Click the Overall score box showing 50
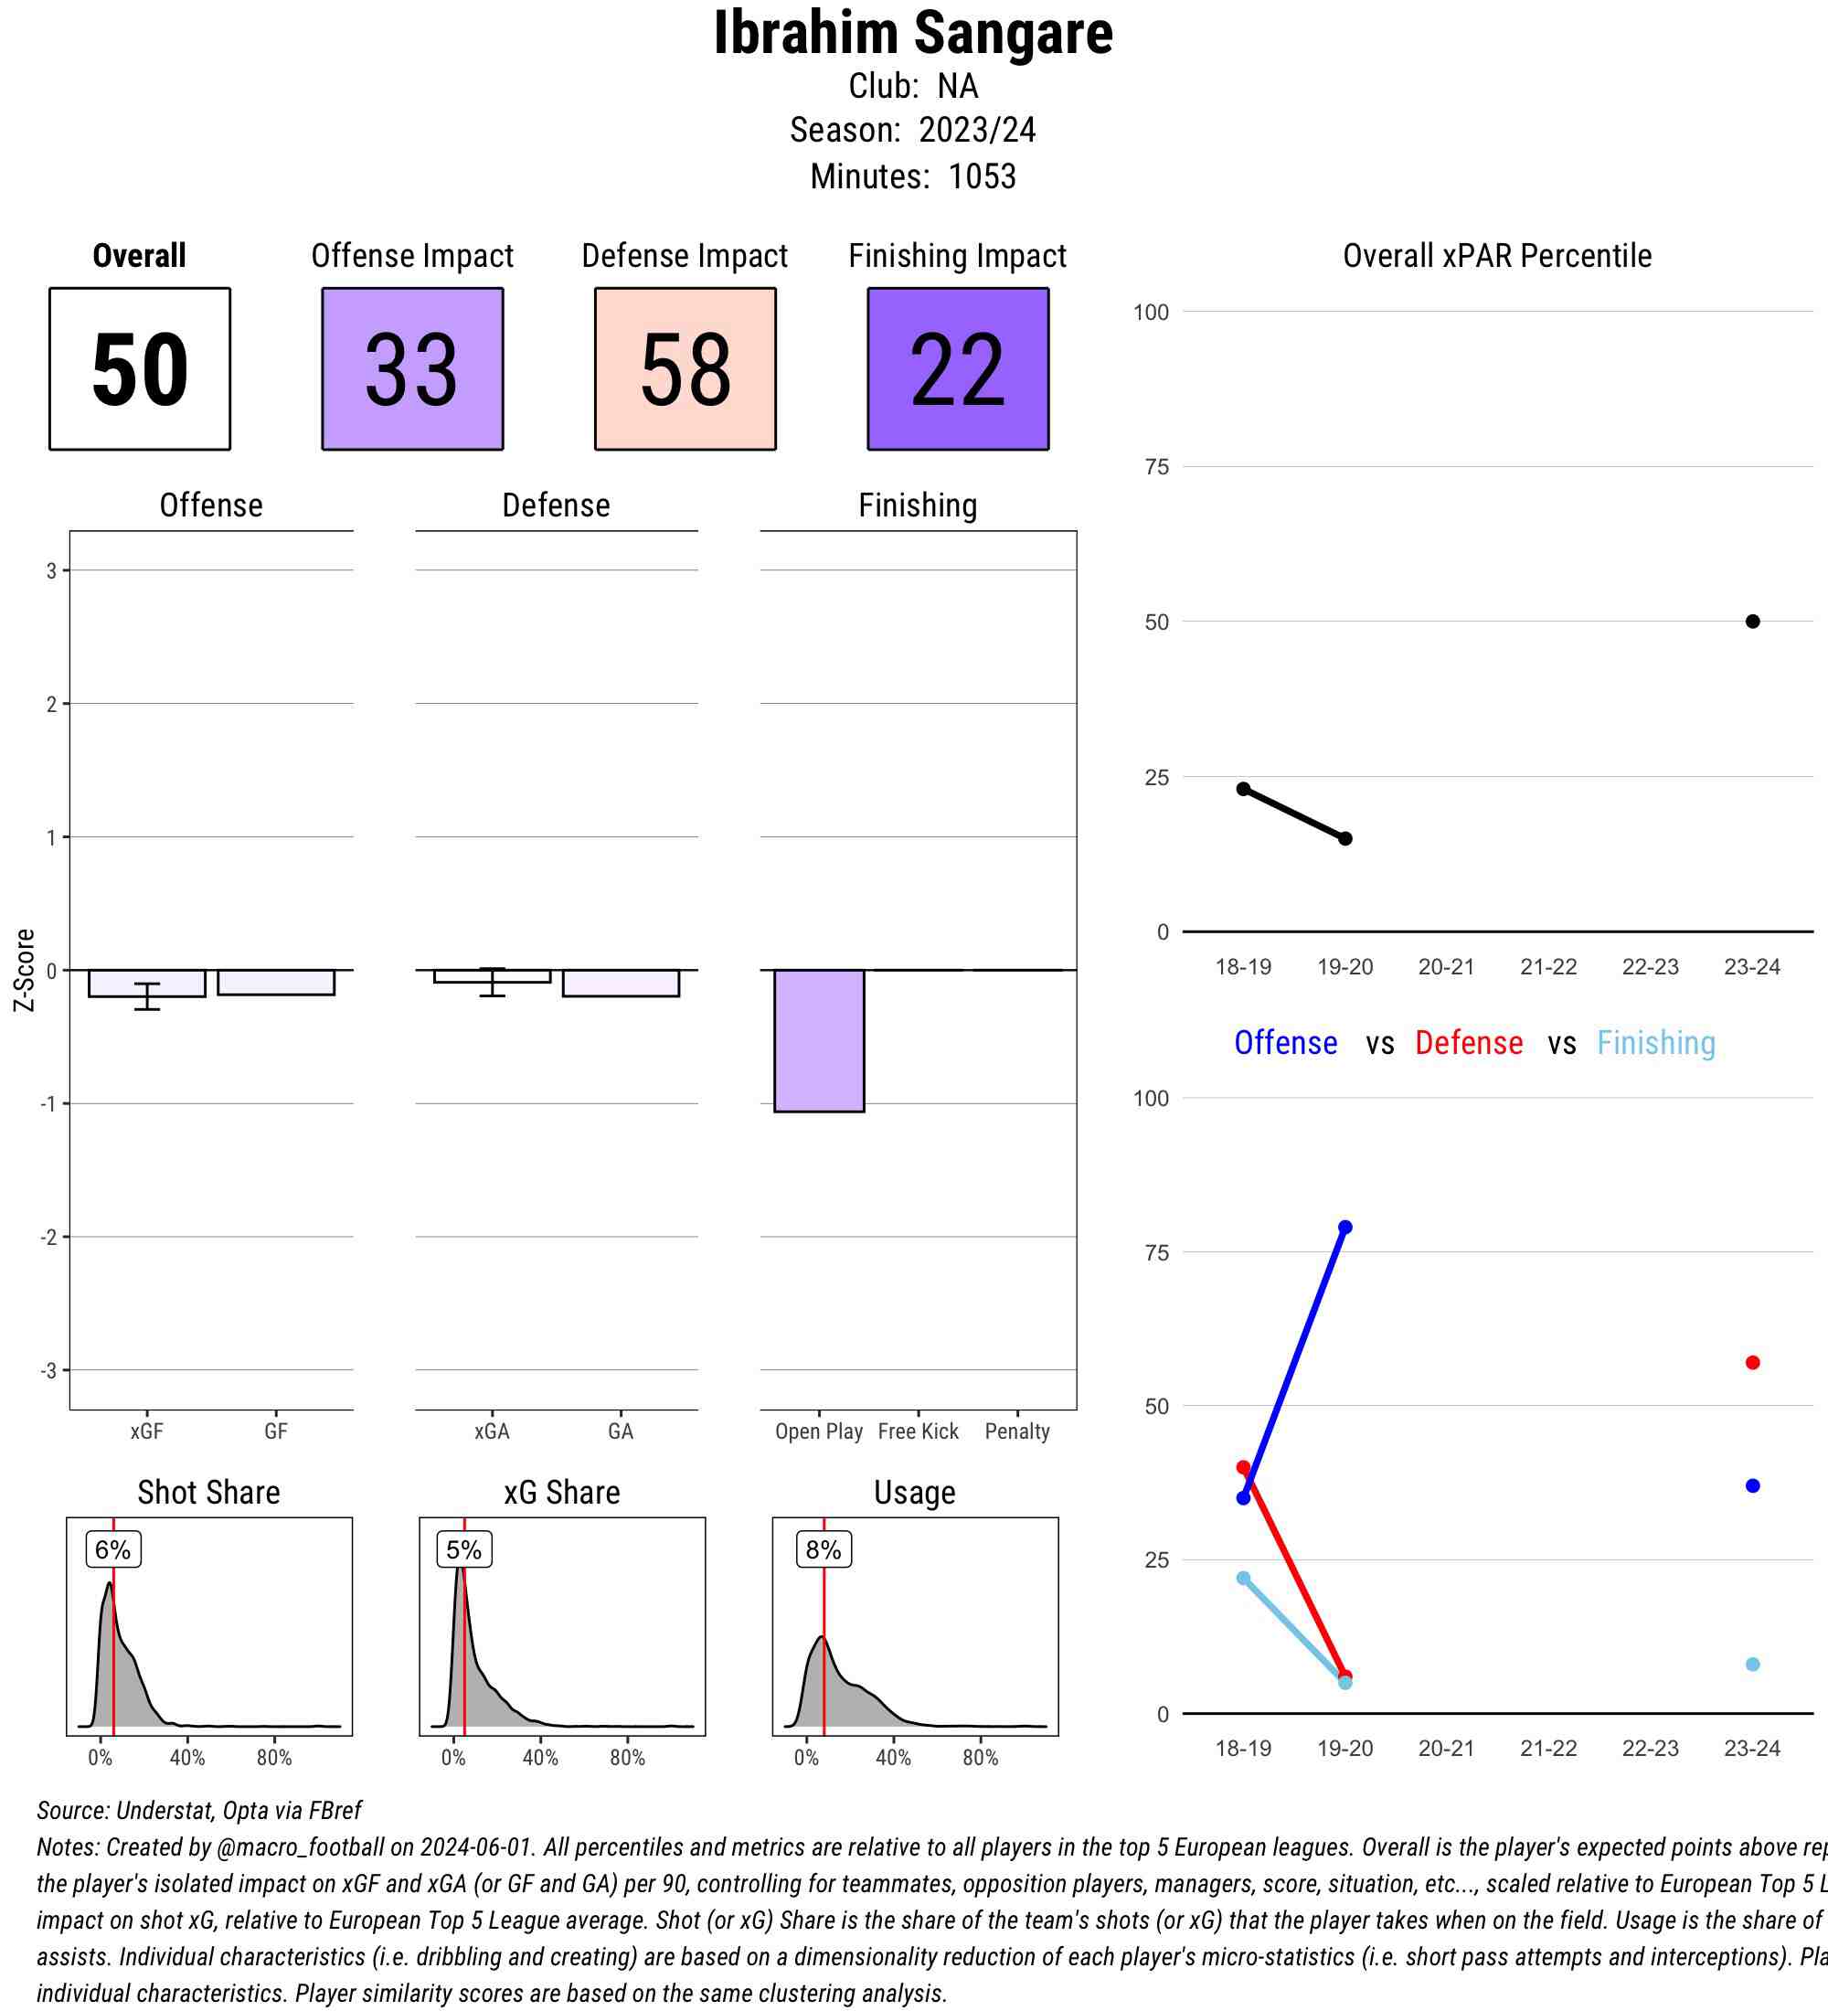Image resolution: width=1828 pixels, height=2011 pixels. point(140,369)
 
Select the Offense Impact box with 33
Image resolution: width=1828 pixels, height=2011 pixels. point(412,369)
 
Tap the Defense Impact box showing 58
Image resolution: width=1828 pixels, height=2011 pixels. point(685,369)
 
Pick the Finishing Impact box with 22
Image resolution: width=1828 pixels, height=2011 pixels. point(957,369)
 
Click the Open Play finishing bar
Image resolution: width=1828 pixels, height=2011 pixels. point(819,1040)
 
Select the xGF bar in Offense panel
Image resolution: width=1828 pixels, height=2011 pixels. point(146,984)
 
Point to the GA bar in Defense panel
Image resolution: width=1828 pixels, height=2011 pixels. point(621,984)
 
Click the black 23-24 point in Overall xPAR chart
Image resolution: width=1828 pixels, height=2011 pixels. point(1752,622)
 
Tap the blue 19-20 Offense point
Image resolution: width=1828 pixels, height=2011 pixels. point(1345,1227)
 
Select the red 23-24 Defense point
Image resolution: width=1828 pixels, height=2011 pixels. point(1752,1363)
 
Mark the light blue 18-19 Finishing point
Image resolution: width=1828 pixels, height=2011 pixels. point(1244,1578)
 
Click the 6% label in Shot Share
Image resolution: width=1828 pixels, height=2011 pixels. point(112,1549)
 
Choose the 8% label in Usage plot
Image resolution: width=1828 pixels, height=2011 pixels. point(824,1549)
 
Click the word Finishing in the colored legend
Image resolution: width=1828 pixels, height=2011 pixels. point(1655,1043)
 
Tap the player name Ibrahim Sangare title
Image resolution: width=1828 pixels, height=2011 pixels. point(913,33)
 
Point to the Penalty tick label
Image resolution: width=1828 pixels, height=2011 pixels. point(1017,1431)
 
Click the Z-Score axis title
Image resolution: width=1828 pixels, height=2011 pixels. point(24,970)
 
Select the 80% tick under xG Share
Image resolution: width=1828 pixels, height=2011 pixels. point(627,1758)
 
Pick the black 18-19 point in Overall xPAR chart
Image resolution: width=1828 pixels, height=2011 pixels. point(1244,789)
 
